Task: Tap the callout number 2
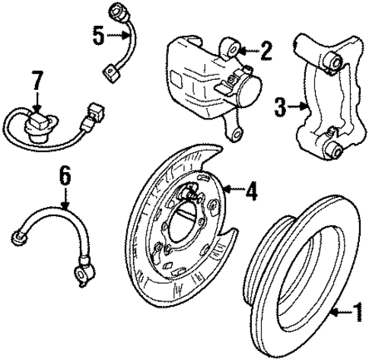[x=266, y=52]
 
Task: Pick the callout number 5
[x=96, y=35]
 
